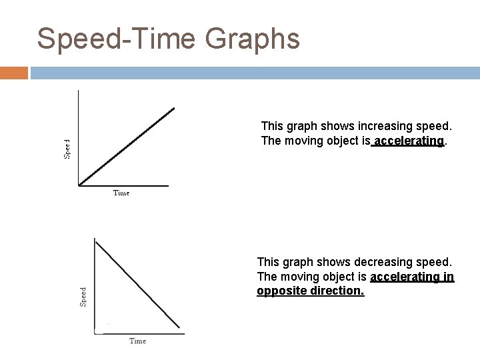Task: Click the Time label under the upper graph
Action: [121, 193]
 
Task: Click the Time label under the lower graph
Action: [137, 341]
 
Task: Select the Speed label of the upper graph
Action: [67, 149]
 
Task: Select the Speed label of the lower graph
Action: [83, 296]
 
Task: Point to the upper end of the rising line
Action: [174, 108]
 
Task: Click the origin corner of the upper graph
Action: [79, 185]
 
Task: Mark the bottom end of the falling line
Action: [179, 327]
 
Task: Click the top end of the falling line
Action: [96, 241]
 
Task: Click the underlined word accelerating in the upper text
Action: [409, 141]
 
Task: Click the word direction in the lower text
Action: [339, 291]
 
